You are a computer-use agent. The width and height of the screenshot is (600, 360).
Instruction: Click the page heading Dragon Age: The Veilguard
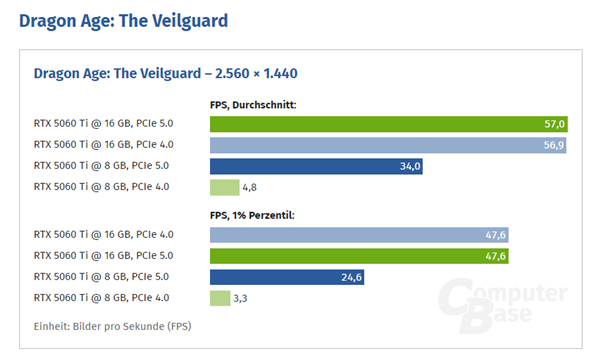(x=123, y=19)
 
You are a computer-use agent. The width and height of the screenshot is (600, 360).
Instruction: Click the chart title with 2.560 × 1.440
(x=165, y=73)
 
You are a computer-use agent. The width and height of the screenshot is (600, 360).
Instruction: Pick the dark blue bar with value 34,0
(x=316, y=166)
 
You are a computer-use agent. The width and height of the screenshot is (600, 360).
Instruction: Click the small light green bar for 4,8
(x=225, y=187)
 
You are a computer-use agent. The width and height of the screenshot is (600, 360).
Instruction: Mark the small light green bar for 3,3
(x=220, y=298)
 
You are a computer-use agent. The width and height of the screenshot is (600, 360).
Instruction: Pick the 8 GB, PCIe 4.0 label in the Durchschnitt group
(x=101, y=187)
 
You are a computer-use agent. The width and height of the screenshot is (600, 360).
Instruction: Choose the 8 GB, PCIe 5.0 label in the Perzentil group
(x=101, y=277)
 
